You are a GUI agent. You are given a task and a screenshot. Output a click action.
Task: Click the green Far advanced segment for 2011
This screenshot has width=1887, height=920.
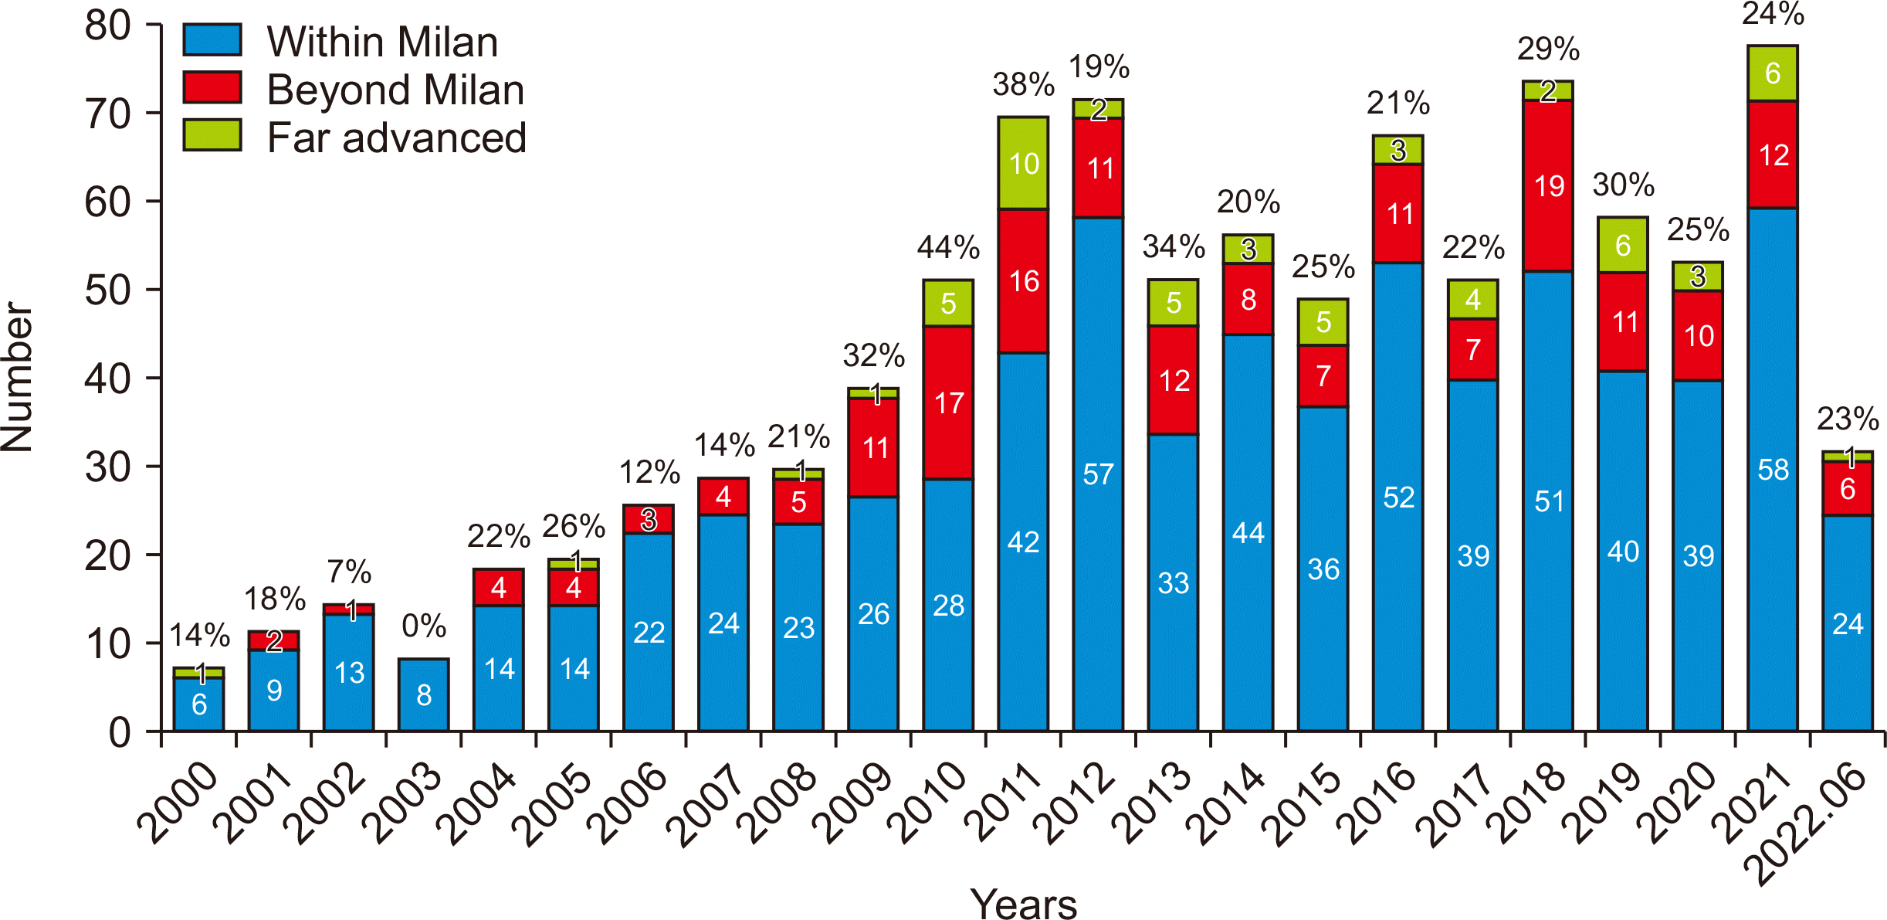(x=1023, y=163)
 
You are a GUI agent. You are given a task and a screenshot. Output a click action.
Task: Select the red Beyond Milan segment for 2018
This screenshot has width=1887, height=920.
(x=1548, y=185)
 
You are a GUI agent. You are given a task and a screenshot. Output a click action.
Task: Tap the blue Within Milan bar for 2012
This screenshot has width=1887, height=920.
(x=1098, y=474)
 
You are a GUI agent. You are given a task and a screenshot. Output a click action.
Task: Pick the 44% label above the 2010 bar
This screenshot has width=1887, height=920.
(x=948, y=248)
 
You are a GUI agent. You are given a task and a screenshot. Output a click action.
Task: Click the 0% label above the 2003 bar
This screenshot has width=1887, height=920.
(x=424, y=626)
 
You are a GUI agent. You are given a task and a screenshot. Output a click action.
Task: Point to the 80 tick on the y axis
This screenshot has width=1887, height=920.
(x=108, y=25)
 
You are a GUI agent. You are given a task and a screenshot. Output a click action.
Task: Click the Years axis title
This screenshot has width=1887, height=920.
(x=1023, y=903)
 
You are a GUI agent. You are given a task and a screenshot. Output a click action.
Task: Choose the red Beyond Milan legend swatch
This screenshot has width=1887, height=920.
(x=212, y=87)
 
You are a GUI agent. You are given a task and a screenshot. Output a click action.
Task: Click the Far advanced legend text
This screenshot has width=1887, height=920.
(x=396, y=138)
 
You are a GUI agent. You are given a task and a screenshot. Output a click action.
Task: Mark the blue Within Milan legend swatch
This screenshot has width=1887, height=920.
(x=212, y=39)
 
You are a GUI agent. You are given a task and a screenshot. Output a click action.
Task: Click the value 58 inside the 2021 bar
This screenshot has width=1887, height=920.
(x=1773, y=470)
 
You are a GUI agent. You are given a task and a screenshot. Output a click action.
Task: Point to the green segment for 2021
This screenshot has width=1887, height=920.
(x=1773, y=73)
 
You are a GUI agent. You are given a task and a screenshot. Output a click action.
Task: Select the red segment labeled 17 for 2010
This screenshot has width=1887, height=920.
(x=948, y=402)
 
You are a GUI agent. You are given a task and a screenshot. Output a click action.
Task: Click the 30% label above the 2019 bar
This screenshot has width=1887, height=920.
(x=1623, y=185)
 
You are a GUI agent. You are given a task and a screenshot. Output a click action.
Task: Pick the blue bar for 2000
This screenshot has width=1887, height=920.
(x=198, y=704)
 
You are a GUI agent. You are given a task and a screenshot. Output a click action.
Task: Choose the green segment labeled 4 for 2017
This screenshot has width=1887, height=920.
(x=1473, y=300)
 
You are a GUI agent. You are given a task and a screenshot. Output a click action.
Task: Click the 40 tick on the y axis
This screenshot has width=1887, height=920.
(x=108, y=379)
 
